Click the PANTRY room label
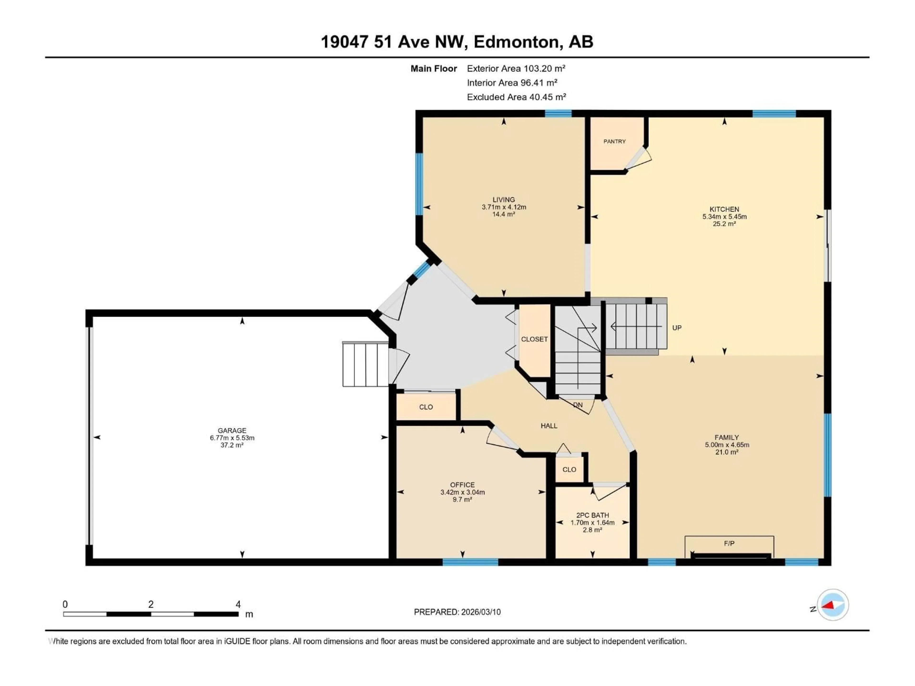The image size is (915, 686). [x=614, y=141]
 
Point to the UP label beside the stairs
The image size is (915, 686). [x=677, y=328]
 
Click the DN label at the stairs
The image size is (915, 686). [x=578, y=405]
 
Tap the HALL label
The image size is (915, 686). [x=549, y=426]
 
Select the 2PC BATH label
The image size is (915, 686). [x=592, y=515]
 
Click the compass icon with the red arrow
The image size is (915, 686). [x=833, y=605]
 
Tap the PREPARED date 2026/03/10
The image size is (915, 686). [x=480, y=612]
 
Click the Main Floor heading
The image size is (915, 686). [x=433, y=69]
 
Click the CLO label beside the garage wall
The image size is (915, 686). [x=426, y=407]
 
